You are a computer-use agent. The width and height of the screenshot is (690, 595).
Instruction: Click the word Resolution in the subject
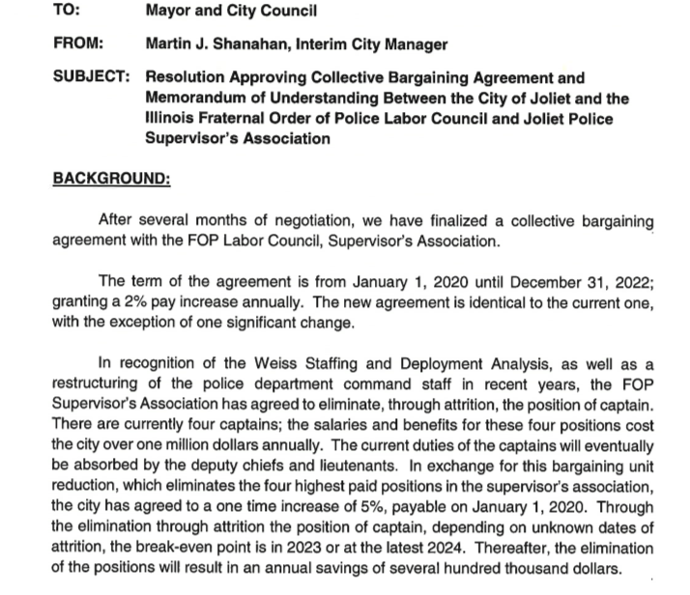[x=189, y=77]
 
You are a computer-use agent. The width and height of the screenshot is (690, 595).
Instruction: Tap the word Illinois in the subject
[x=173, y=118]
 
